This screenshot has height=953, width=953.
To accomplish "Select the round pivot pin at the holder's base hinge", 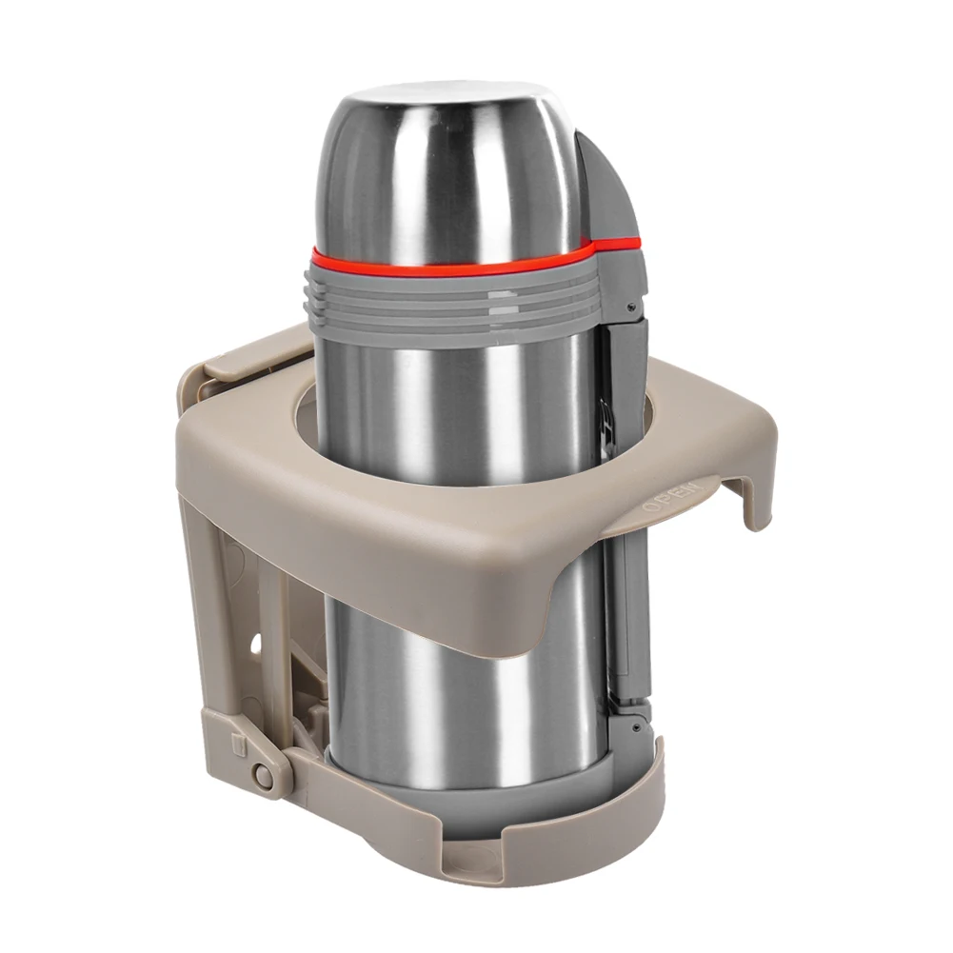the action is click(x=264, y=774).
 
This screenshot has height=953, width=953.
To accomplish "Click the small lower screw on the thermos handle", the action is click(x=635, y=726).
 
